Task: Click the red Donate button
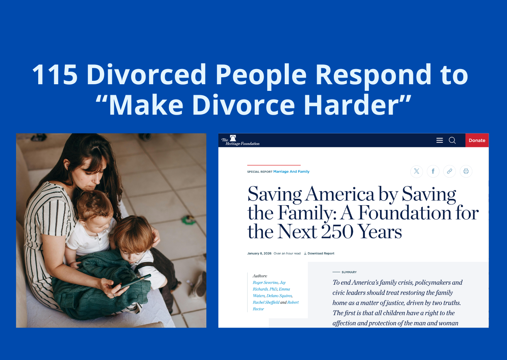[x=477, y=140]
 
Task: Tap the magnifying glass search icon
[x=452, y=140]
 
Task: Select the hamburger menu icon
[x=440, y=140]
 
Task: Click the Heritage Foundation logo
[x=240, y=140]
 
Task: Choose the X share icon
[x=417, y=171]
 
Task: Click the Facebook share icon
[x=433, y=171]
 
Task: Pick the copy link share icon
[x=450, y=171]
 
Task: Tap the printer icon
[x=466, y=171]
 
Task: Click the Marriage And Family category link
[x=291, y=172]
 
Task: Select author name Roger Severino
[x=265, y=282]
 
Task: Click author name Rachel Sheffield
[x=266, y=302]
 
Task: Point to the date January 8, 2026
[x=259, y=254]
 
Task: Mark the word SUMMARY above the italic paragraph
[x=349, y=272]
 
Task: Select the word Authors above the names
[x=260, y=276]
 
